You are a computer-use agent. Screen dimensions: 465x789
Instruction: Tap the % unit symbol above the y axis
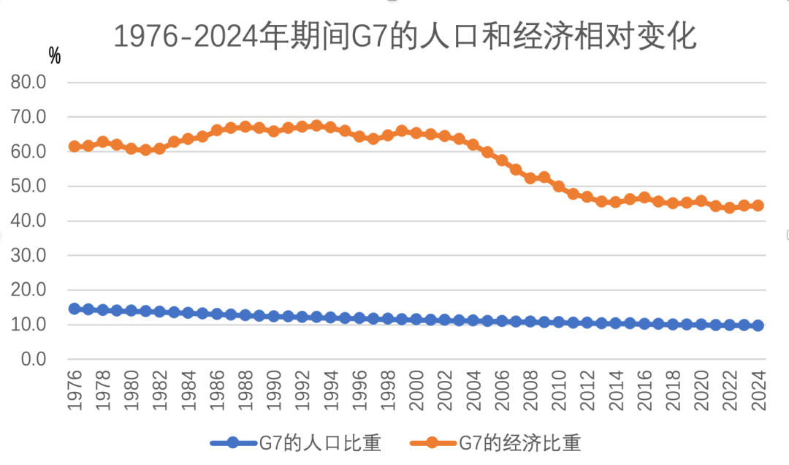[x=55, y=55]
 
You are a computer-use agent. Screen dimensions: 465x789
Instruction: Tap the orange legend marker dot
[x=432, y=442]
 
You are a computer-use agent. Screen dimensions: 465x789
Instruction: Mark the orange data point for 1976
[x=75, y=146]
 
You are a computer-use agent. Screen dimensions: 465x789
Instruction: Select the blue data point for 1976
[x=75, y=309]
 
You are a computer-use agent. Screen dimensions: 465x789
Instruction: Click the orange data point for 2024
[x=758, y=205]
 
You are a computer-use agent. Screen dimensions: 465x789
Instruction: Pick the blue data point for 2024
[x=758, y=325]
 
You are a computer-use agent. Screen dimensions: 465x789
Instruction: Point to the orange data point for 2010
[x=559, y=186]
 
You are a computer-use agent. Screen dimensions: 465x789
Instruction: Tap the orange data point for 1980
[x=131, y=148]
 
